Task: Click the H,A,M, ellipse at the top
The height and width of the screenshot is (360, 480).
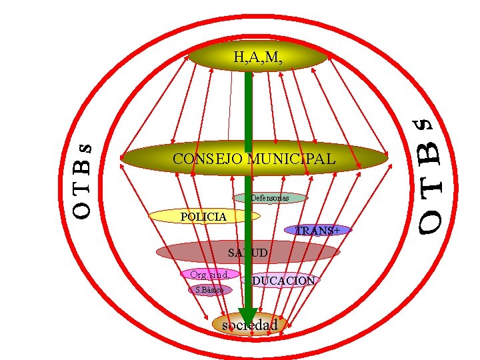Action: pyautogui.click(x=258, y=57)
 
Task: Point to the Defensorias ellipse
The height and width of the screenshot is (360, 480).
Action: pyautogui.click(x=270, y=198)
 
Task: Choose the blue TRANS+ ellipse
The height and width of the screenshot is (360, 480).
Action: pyautogui.click(x=317, y=231)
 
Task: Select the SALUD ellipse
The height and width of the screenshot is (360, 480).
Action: pyautogui.click(x=248, y=253)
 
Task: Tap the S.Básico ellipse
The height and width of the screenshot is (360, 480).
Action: pyautogui.click(x=210, y=290)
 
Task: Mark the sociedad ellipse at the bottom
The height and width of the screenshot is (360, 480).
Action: pyautogui.click(x=250, y=325)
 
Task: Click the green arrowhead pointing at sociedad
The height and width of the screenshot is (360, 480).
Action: pyautogui.click(x=248, y=315)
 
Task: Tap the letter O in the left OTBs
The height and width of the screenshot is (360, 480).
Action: pyautogui.click(x=81, y=210)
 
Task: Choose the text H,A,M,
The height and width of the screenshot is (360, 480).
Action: pyautogui.click(x=258, y=57)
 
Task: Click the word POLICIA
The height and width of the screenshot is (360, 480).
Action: pyautogui.click(x=204, y=217)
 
